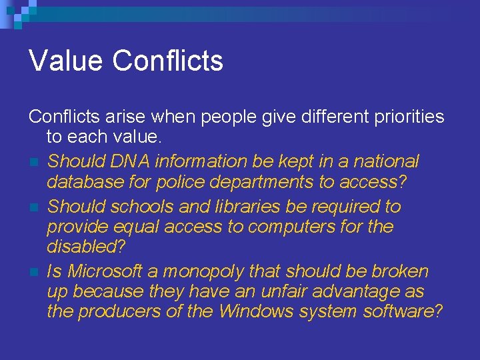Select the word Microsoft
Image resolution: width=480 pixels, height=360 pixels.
click(x=105, y=271)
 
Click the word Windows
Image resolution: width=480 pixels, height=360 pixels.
click(x=257, y=311)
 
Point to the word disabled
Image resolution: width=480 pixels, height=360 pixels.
click(x=79, y=247)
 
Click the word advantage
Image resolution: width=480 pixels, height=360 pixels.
click(x=361, y=292)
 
